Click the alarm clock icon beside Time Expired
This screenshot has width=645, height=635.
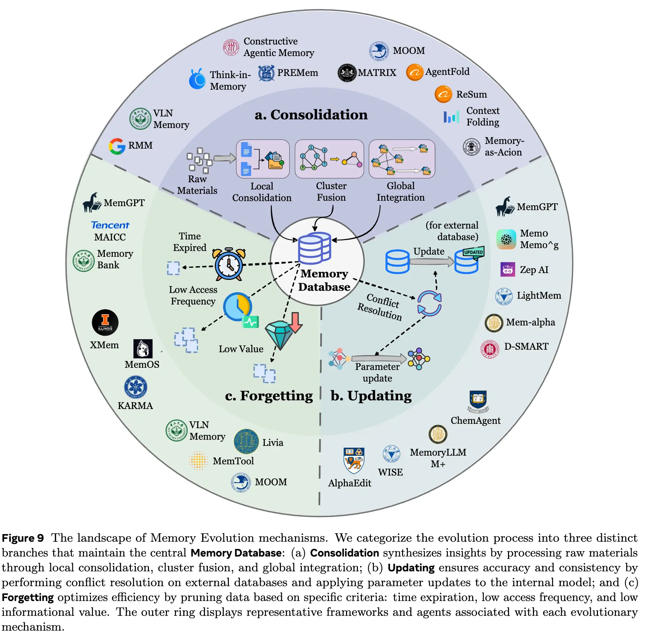point(229,264)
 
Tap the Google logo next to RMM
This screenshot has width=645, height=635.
point(117,146)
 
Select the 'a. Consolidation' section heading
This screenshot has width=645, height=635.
point(311,115)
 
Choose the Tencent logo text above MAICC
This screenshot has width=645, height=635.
point(110,225)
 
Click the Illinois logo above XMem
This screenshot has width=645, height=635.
point(105,322)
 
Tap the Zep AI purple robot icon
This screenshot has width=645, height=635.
point(508,269)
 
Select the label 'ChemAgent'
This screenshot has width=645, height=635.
point(475,421)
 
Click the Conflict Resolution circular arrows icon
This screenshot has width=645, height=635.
point(430,303)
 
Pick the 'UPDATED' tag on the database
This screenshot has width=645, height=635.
point(473,252)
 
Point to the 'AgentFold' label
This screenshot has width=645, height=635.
point(447,72)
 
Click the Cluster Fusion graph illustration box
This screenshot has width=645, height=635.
point(329,159)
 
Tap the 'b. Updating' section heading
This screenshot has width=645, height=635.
point(371,396)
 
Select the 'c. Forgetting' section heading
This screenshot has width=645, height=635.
point(269,396)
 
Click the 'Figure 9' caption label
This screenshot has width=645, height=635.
point(23,538)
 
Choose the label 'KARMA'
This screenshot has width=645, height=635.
point(135,406)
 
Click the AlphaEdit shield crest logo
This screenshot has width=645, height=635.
point(354,460)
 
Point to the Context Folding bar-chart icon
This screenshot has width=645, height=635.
point(452,116)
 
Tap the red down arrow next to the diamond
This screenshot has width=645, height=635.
point(295,322)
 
